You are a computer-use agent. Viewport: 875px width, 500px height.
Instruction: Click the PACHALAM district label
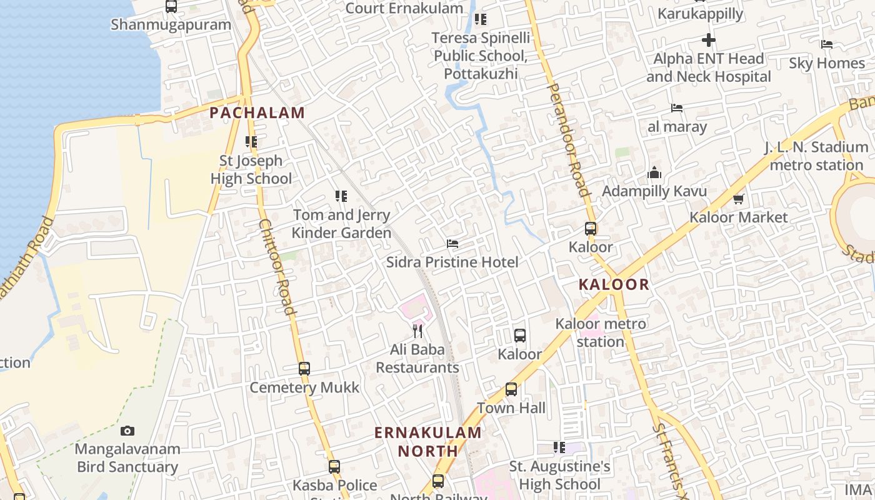[x=257, y=113]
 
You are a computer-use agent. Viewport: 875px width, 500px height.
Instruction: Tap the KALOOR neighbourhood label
[x=614, y=285]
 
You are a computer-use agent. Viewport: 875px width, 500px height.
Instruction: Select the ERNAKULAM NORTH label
[x=428, y=441]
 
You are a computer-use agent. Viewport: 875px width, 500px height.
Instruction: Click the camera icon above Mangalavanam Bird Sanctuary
[x=127, y=431]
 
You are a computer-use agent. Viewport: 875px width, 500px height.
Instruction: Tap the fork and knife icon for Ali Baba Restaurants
[x=417, y=331]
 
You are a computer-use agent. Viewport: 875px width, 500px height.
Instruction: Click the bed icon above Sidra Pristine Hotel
[x=452, y=244]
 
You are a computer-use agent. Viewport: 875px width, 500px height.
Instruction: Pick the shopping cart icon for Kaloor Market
[x=738, y=199]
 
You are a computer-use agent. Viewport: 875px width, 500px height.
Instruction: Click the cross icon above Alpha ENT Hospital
[x=708, y=41]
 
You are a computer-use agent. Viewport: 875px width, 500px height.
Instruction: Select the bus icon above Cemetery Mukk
[x=304, y=369]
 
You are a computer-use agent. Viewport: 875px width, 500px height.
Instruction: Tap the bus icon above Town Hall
[x=511, y=389]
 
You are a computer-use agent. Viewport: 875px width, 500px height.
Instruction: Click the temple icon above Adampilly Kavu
[x=654, y=172]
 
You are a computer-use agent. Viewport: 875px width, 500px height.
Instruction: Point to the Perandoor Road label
[x=569, y=140]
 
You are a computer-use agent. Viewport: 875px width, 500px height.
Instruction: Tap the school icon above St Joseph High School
[x=251, y=142]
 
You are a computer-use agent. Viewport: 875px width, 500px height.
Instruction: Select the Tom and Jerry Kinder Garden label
[x=341, y=224]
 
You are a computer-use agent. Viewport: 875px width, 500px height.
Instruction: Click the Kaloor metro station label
[x=601, y=332]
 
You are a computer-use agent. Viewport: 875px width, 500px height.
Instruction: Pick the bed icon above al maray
[x=677, y=108]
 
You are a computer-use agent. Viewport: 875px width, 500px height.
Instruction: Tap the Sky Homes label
[x=826, y=63]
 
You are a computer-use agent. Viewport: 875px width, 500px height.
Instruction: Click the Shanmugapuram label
[x=171, y=25]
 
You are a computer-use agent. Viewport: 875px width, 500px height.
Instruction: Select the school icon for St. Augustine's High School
[x=559, y=447]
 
